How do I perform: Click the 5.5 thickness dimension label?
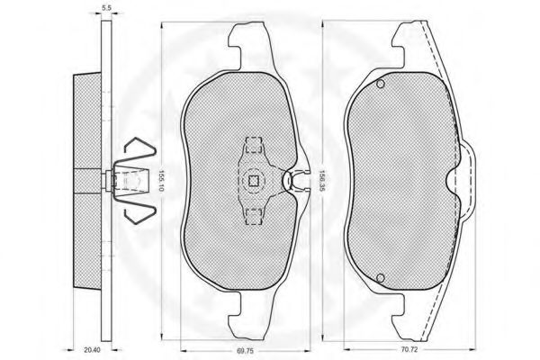coord(107,8)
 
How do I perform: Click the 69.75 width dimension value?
coord(245,351)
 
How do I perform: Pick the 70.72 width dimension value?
coord(409,349)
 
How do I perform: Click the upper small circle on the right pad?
coord(381,84)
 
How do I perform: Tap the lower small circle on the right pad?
coord(381,278)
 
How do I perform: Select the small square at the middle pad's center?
coord(254,181)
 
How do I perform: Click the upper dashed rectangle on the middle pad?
coord(254,145)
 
